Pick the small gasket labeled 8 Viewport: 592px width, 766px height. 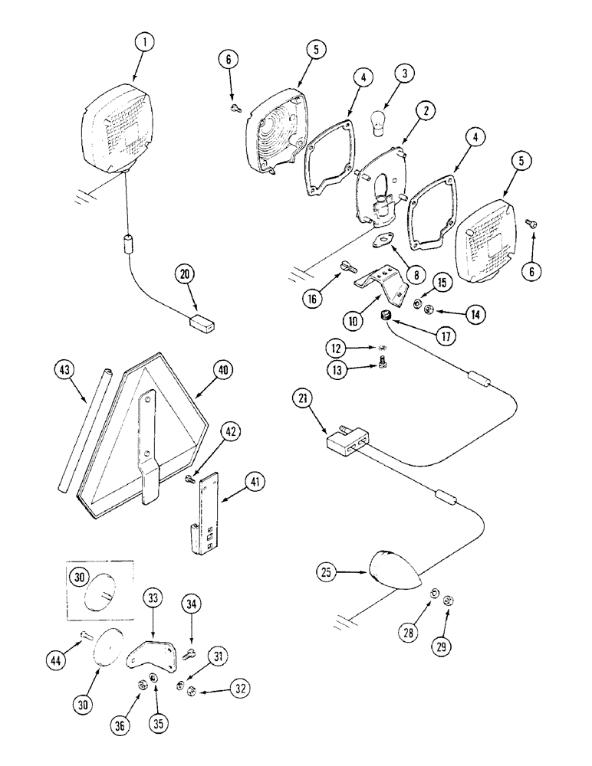pyautogui.click(x=380, y=242)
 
